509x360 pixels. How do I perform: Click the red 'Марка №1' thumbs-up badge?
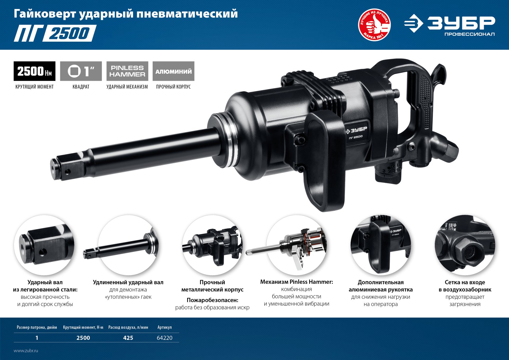pyautogui.click(x=374, y=25)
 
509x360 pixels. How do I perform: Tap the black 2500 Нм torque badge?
pyautogui.click(x=34, y=71)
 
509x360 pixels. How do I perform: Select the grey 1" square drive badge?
pyautogui.click(x=81, y=71)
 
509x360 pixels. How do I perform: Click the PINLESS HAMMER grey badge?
pyautogui.click(x=127, y=71)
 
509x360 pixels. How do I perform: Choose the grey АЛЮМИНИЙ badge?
pyautogui.click(x=173, y=71)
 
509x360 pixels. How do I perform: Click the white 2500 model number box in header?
pyautogui.click(x=69, y=33)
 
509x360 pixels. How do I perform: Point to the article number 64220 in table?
pyautogui.click(x=164, y=338)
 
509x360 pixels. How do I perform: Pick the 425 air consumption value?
pyautogui.click(x=128, y=338)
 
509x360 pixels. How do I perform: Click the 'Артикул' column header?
pyautogui.click(x=164, y=327)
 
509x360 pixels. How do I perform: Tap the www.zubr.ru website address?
pyautogui.click(x=26, y=350)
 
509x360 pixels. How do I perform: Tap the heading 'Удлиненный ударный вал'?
pyautogui.click(x=128, y=282)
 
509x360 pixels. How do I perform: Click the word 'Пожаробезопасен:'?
pyautogui.click(x=212, y=300)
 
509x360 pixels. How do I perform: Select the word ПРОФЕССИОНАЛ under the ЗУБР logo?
pyautogui.click(x=469, y=34)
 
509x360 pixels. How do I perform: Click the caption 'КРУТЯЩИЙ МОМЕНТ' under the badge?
pyautogui.click(x=34, y=87)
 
